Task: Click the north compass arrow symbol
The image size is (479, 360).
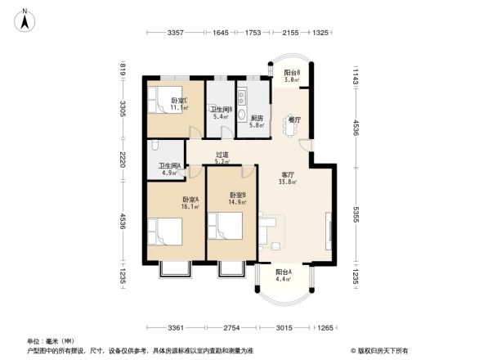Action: (25, 19)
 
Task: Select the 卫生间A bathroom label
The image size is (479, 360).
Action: (169, 169)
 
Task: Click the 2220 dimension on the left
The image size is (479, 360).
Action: (122, 159)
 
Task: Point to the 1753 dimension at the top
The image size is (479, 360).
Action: (253, 33)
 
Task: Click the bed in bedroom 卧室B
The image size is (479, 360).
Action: (225, 229)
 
